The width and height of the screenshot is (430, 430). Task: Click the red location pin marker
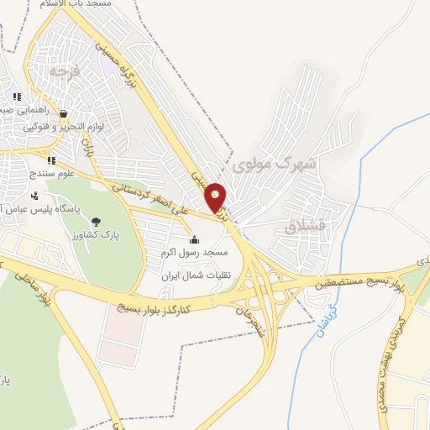pyautogui.click(x=216, y=197)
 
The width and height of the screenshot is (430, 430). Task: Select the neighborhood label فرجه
pyautogui.click(x=63, y=72)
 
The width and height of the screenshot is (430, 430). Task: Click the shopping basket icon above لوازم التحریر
pyautogui.click(x=62, y=113)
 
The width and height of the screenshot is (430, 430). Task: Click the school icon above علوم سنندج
pyautogui.click(x=50, y=160)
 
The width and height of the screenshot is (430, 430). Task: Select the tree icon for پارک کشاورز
pyautogui.click(x=97, y=222)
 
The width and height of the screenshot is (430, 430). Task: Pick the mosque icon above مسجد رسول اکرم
pyautogui.click(x=195, y=240)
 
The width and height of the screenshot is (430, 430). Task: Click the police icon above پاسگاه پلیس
pyautogui.click(x=34, y=196)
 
